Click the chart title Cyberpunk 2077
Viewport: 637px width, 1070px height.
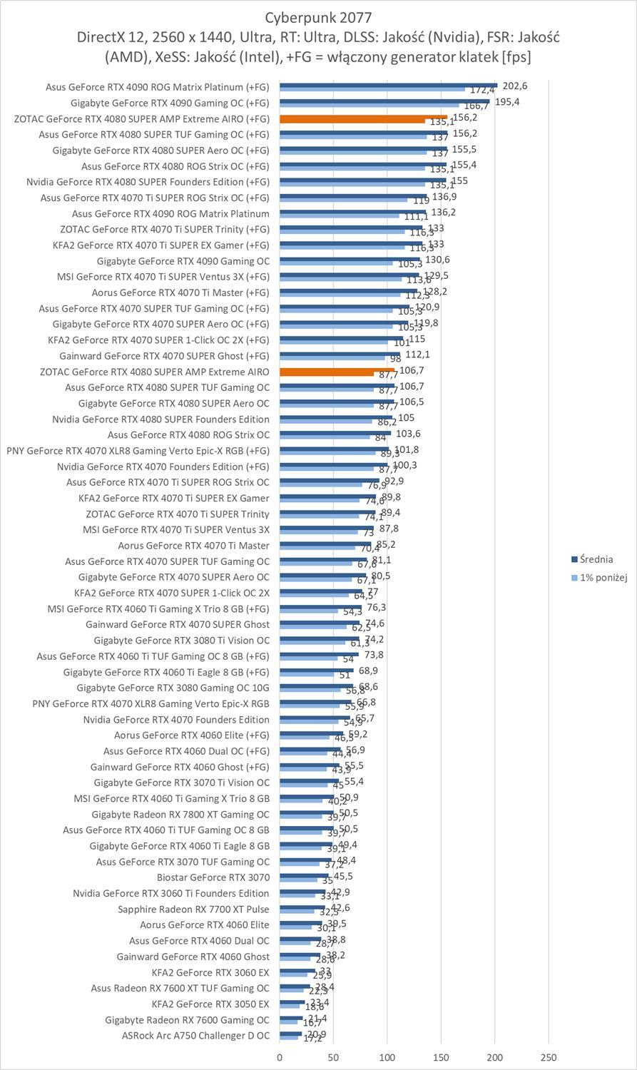[x=318, y=17]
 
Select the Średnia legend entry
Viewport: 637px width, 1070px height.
[x=596, y=559]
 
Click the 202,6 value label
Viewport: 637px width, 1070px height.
[x=514, y=86]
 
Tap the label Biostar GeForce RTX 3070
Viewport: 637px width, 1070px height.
[x=213, y=877]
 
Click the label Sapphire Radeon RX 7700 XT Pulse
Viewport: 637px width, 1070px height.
[x=193, y=909]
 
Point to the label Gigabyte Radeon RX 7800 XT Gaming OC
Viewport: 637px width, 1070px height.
[x=180, y=814]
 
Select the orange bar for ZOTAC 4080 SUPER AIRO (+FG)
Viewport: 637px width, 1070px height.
[x=363, y=117]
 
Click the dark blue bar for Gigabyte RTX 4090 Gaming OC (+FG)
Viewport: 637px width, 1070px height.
[x=384, y=101]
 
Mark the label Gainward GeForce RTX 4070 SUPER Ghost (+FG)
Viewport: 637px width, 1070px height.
[x=164, y=355]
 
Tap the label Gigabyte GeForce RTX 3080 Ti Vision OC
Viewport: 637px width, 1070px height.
[x=182, y=641]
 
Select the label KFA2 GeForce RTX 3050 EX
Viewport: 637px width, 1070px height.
[x=210, y=1004]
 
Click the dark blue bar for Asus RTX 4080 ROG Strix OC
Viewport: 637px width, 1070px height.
[x=335, y=432]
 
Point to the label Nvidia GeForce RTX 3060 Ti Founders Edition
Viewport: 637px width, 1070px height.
[x=171, y=893]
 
